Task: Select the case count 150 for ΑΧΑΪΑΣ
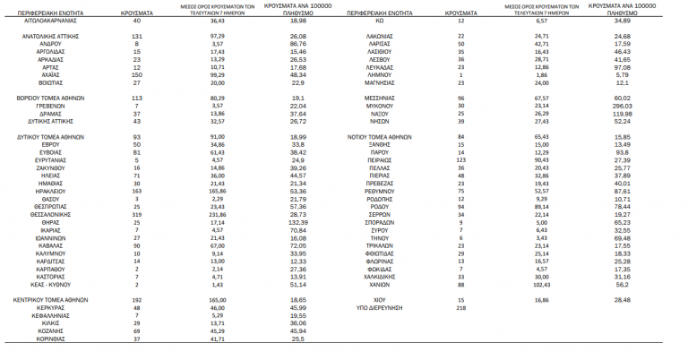click(x=137, y=74)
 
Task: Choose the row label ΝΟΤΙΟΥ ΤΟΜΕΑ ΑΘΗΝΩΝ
click(x=380, y=136)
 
